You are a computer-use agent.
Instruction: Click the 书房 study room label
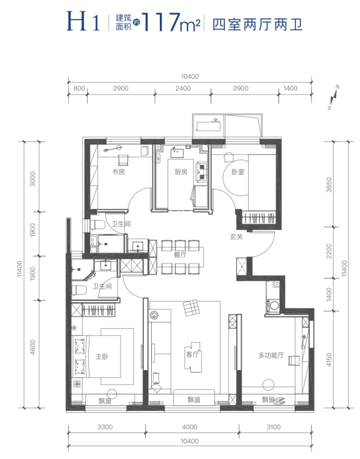click(118, 171)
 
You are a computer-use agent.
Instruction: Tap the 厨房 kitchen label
click(181, 172)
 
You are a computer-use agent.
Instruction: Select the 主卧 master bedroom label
click(102, 356)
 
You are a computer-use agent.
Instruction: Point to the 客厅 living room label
click(192, 355)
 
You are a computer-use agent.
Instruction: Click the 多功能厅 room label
click(271, 356)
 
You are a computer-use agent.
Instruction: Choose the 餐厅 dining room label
click(180, 255)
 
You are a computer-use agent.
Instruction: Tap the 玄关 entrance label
click(237, 236)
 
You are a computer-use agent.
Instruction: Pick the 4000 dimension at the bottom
click(190, 427)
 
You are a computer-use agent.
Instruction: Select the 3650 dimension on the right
click(329, 185)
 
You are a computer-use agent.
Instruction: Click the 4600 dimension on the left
click(32, 348)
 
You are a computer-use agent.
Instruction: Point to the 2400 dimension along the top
click(183, 88)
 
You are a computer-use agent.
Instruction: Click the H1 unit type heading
click(84, 21)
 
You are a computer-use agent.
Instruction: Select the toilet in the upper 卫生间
click(97, 225)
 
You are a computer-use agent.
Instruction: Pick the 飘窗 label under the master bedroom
click(104, 400)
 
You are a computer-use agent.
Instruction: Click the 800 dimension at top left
click(79, 88)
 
